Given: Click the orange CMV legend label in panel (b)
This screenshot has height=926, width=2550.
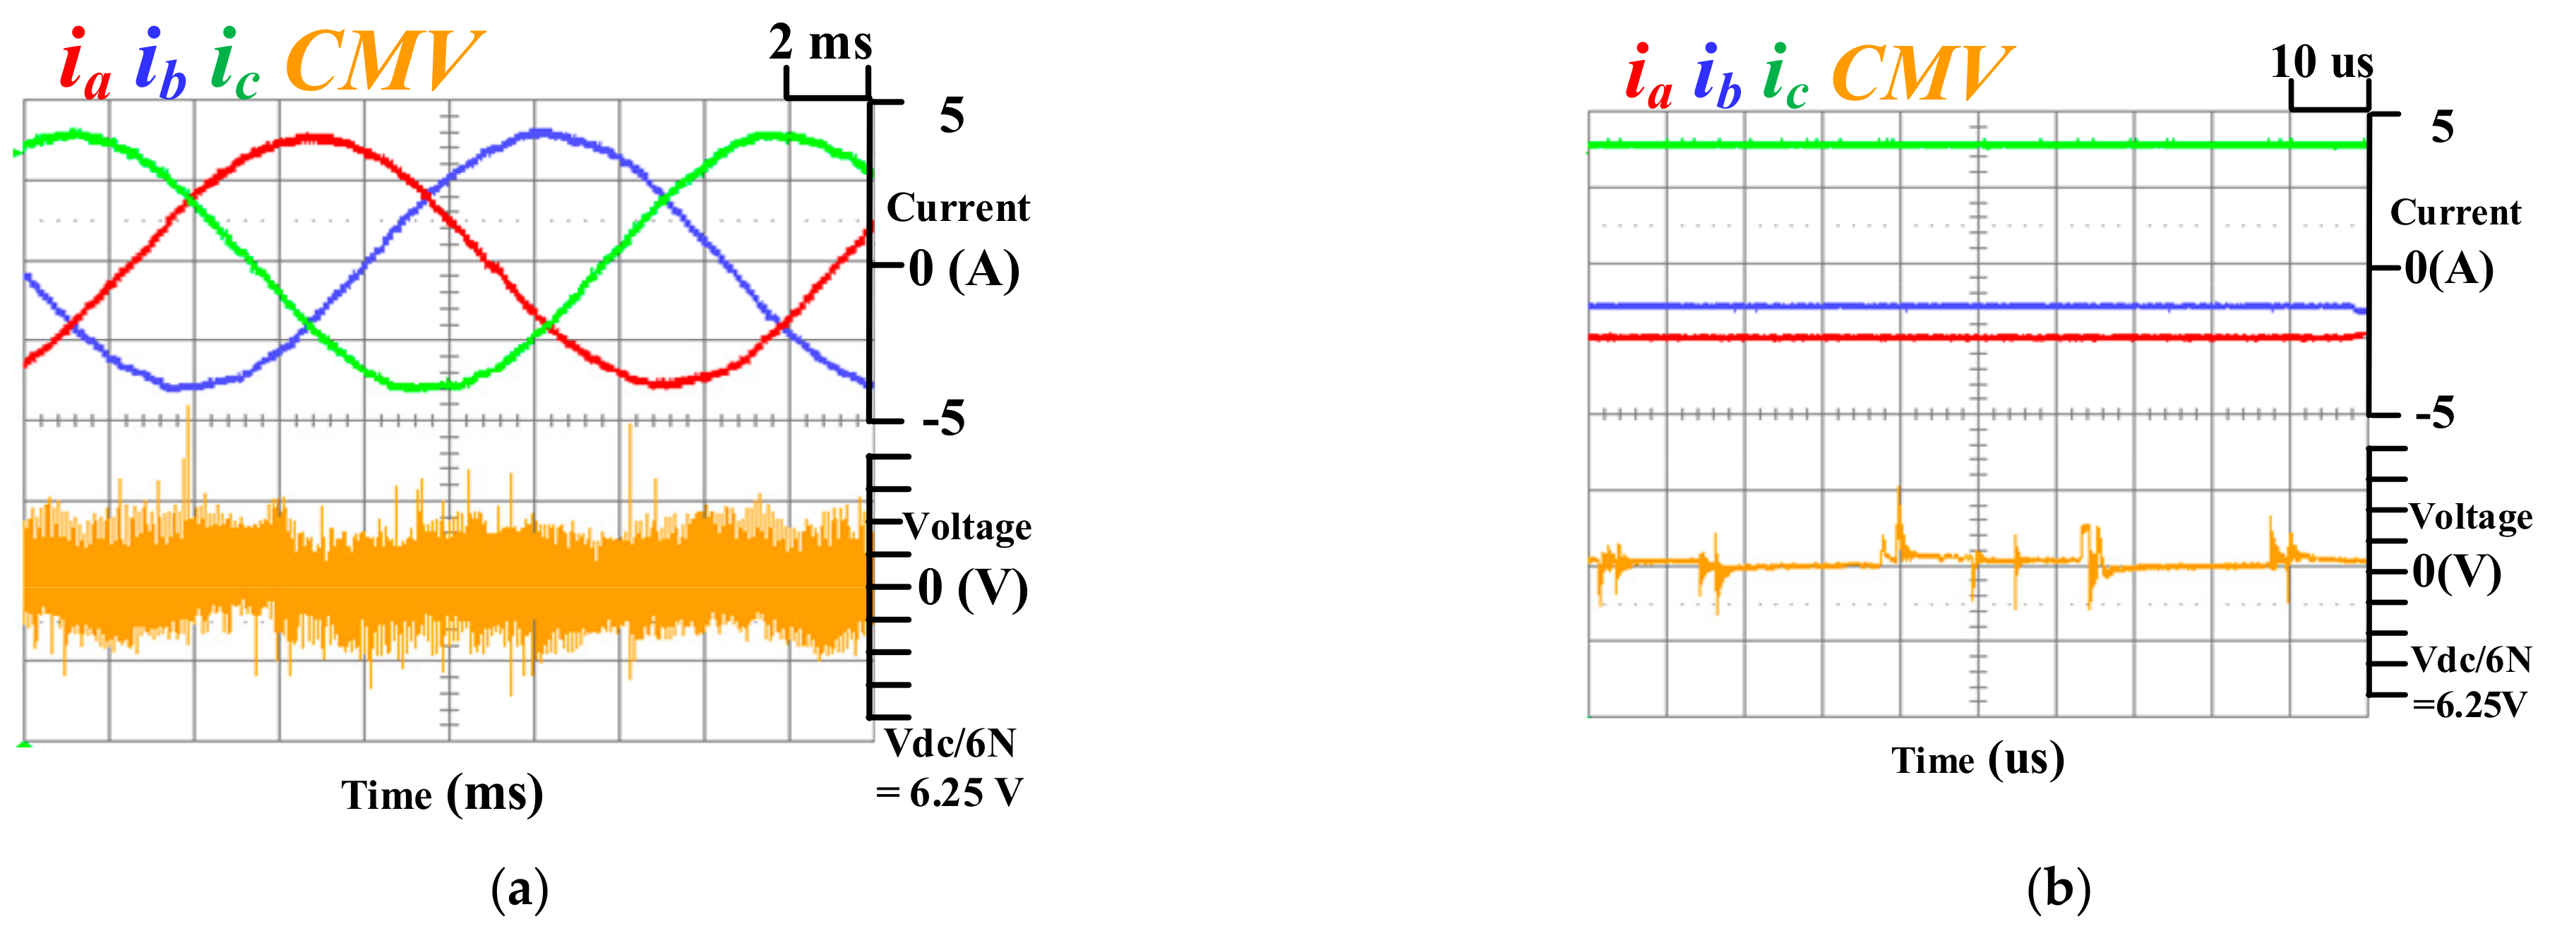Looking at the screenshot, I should [1920, 73].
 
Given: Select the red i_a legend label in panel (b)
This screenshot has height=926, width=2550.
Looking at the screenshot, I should [1648, 77].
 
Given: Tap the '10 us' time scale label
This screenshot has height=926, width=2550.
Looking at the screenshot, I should [2321, 62].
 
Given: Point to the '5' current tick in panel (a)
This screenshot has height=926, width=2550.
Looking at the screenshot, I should [951, 116].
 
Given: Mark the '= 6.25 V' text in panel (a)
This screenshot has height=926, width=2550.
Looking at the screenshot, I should [950, 793].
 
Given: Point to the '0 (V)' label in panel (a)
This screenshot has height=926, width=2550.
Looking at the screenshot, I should [972, 588].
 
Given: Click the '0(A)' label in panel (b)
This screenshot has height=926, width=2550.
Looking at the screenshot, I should [2449, 268].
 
